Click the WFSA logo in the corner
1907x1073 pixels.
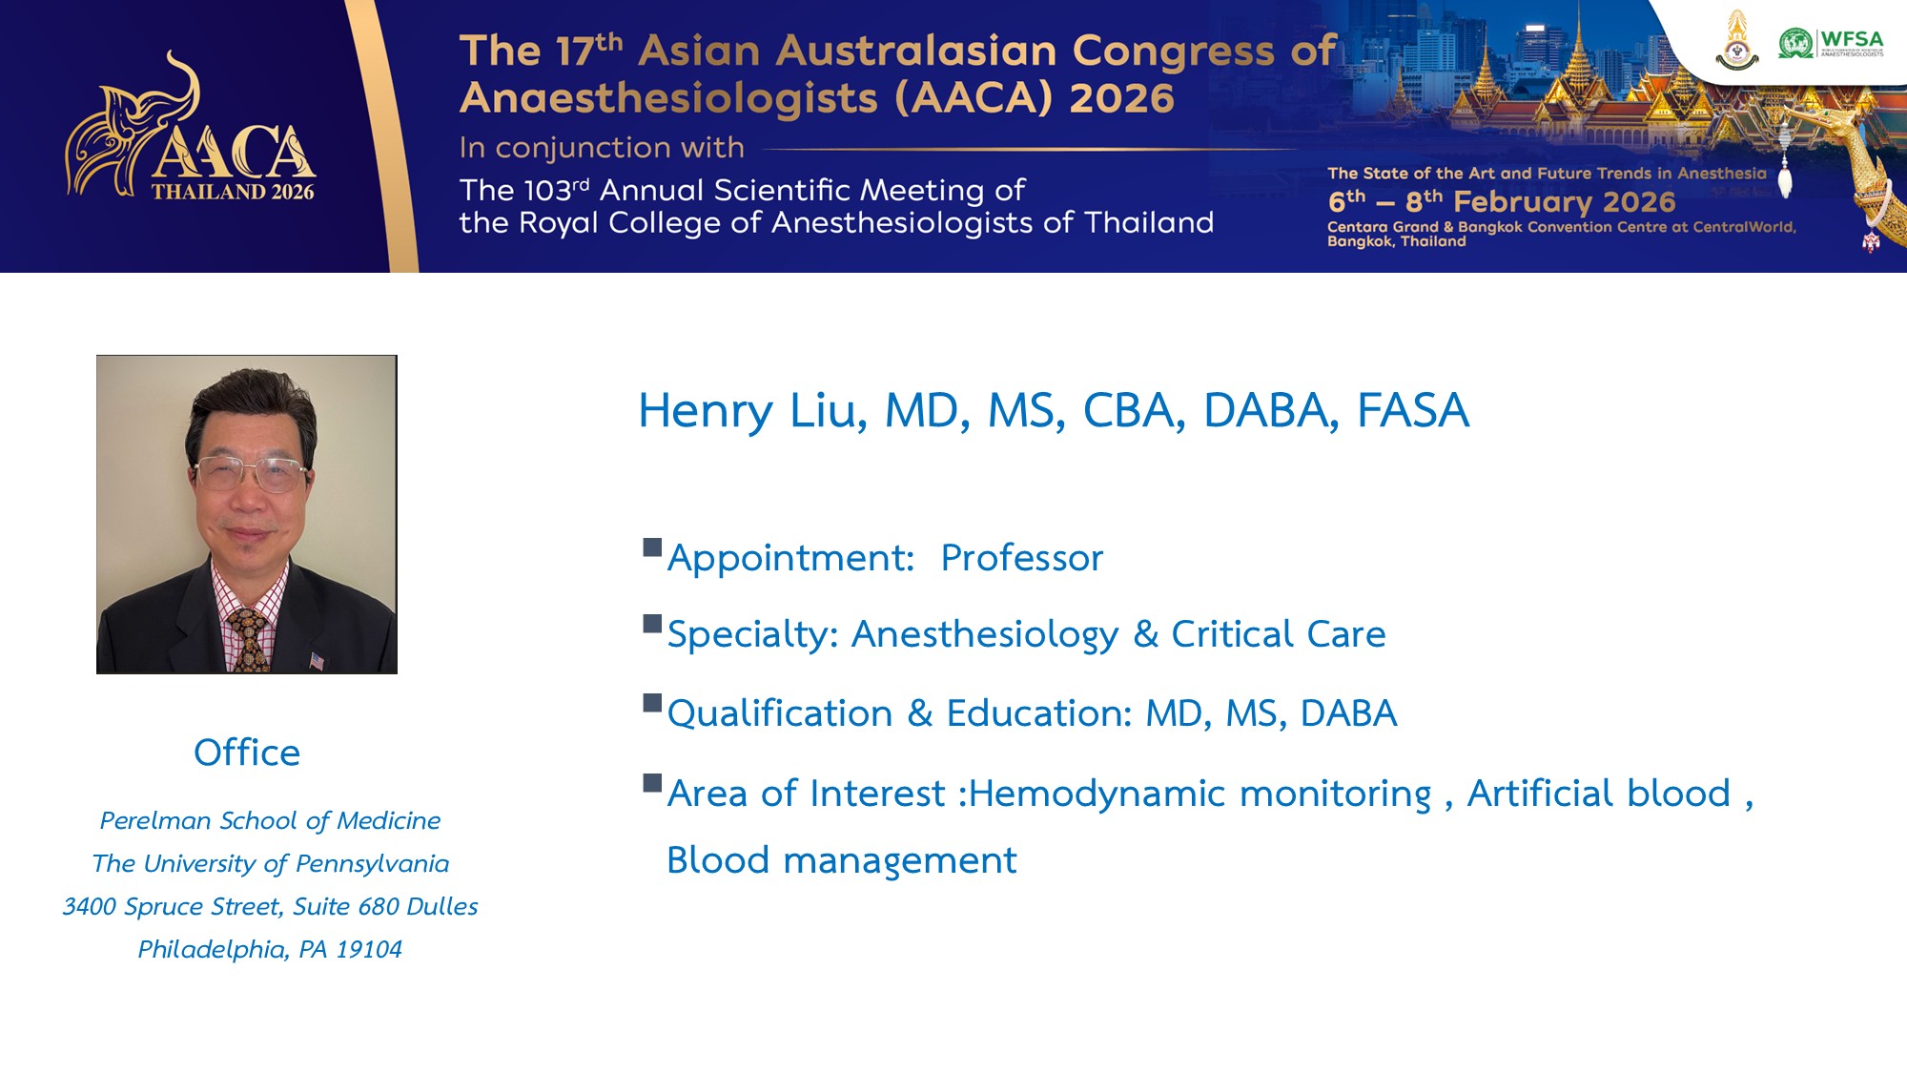1831,43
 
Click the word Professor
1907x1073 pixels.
1021,558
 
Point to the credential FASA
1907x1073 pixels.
1412,410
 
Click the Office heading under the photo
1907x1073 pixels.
247,753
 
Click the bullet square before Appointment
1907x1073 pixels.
652,547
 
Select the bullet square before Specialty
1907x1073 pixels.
652,624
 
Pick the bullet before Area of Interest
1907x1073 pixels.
652,783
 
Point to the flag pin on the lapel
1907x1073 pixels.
317,660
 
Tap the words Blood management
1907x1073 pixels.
842,860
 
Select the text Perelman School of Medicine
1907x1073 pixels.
270,820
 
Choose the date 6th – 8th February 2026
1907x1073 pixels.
1502,201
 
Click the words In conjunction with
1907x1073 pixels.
602,148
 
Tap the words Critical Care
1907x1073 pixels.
1278,634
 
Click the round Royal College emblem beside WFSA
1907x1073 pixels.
1737,41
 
